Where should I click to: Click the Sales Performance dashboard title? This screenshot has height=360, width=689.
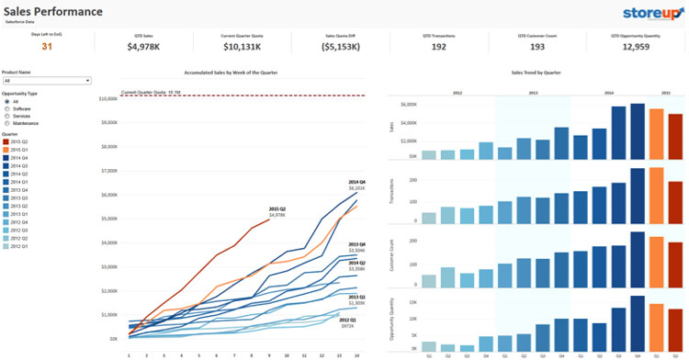[x=53, y=12]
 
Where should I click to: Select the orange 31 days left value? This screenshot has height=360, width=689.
[x=47, y=46]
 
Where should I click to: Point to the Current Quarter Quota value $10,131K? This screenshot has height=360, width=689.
[x=241, y=46]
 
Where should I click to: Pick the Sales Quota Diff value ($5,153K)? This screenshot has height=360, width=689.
[x=341, y=46]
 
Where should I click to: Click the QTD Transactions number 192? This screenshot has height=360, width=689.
[x=439, y=46]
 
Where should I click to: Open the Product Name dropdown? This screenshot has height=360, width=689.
[x=46, y=81]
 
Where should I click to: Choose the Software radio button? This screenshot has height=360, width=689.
[x=8, y=108]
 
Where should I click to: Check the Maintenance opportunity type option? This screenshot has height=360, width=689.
[x=8, y=122]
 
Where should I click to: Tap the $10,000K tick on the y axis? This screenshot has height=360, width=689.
[x=107, y=98]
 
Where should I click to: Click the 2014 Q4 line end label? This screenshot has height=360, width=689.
[x=356, y=184]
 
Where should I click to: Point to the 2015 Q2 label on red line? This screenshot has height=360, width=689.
[x=277, y=210]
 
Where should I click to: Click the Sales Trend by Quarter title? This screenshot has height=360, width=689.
[x=536, y=71]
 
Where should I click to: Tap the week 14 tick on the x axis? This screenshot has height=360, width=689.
[x=356, y=354]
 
